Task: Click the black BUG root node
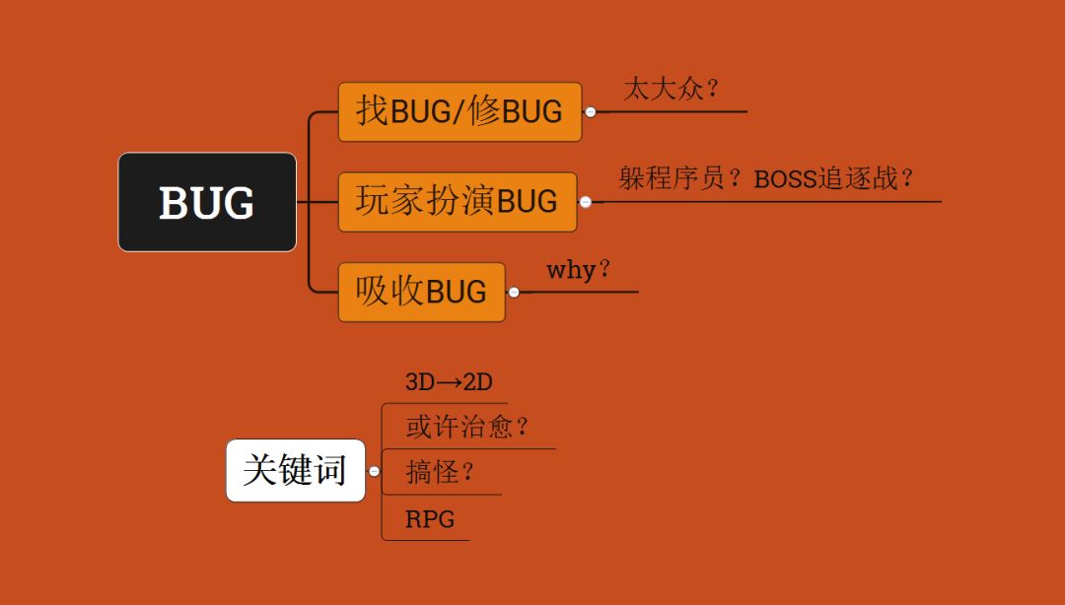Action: [x=207, y=202]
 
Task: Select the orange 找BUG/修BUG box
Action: [x=460, y=111]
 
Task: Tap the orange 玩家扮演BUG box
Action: [x=457, y=202]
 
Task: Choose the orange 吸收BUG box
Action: [x=421, y=292]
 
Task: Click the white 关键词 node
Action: [x=295, y=470]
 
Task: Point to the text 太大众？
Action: [x=672, y=89]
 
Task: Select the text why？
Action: [x=579, y=269]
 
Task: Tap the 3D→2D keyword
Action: [x=449, y=382]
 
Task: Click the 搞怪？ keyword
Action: [x=441, y=472]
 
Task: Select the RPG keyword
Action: [x=430, y=519]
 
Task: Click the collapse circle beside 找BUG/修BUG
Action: [x=590, y=112]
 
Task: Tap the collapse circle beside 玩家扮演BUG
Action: [x=585, y=202]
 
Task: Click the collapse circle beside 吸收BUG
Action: [x=514, y=292]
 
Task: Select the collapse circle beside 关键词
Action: [x=374, y=471]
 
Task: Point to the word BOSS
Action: [x=786, y=179]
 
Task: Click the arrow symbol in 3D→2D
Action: [x=449, y=382]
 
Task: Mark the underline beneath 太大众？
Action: [x=680, y=111]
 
